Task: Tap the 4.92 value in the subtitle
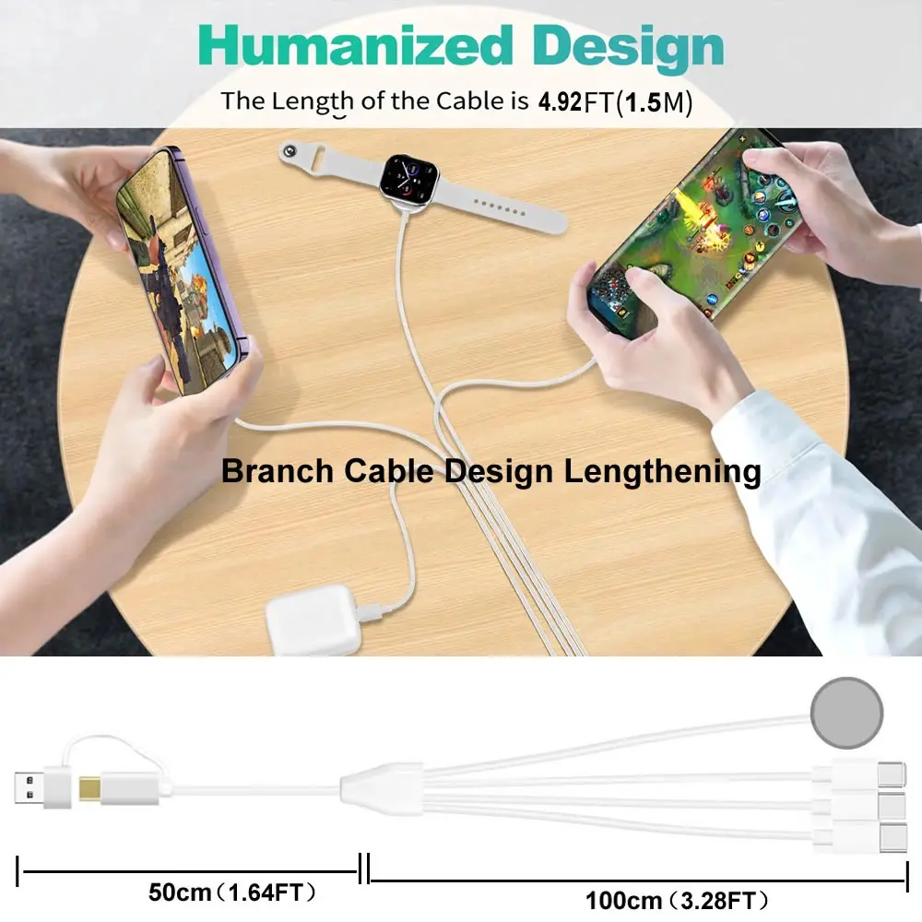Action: (x=561, y=101)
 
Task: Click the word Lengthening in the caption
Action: (x=663, y=471)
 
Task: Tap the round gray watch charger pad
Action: (x=846, y=713)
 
